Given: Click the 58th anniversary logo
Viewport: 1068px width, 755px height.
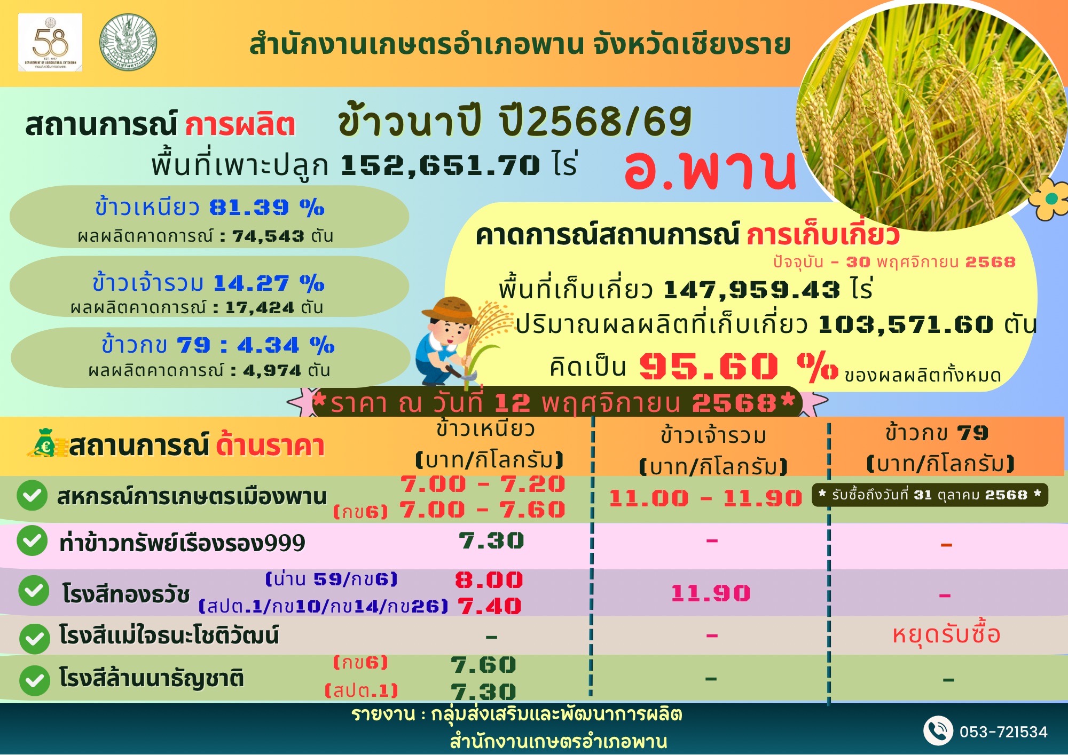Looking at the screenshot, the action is click(50, 43).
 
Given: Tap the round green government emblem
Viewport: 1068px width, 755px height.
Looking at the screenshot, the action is click(128, 42).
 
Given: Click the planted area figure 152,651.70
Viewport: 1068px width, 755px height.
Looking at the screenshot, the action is click(441, 165).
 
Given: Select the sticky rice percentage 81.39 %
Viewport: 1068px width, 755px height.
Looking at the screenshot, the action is click(267, 207).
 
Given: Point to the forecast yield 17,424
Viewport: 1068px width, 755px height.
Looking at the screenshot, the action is click(260, 308).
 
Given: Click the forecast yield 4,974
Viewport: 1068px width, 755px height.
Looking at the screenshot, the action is click(272, 370).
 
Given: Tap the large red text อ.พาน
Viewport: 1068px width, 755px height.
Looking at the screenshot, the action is click(710, 169).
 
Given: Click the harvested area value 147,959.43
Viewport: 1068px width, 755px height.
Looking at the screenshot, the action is click(752, 290).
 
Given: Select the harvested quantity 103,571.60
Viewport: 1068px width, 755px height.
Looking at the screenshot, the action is click(905, 324).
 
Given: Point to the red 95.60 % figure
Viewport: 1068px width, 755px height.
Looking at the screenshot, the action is click(738, 367).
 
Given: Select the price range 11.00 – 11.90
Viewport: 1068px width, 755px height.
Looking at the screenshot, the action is click(705, 498).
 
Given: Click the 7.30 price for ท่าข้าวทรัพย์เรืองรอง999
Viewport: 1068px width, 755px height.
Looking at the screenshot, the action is click(491, 541).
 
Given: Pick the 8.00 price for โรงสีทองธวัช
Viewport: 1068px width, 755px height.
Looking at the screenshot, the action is click(489, 580).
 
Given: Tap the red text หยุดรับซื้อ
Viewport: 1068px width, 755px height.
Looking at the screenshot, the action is click(946, 634).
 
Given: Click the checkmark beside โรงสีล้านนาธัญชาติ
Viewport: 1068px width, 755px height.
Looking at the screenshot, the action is click(35, 680).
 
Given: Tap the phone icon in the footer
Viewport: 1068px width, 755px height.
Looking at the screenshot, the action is click(938, 730).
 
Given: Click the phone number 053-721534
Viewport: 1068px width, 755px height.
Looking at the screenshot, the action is click(1003, 732).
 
